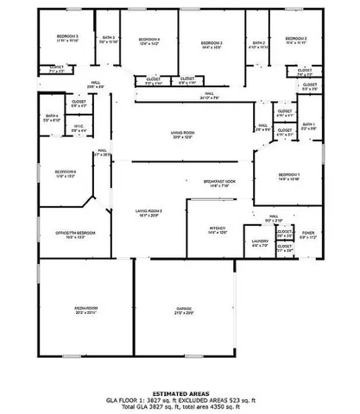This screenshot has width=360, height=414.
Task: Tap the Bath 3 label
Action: tap(108, 39)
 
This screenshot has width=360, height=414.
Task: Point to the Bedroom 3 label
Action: tap(212, 43)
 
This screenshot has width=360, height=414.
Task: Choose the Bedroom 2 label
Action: tap(297, 39)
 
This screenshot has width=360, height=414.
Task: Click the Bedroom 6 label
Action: tap(66, 172)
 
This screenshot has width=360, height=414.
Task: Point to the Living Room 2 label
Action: tap(148, 211)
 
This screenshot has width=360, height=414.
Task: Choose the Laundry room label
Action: tap(261, 241)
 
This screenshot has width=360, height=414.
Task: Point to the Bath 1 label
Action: tap(307, 126)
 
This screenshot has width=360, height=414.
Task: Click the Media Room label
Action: tap(85, 309)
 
